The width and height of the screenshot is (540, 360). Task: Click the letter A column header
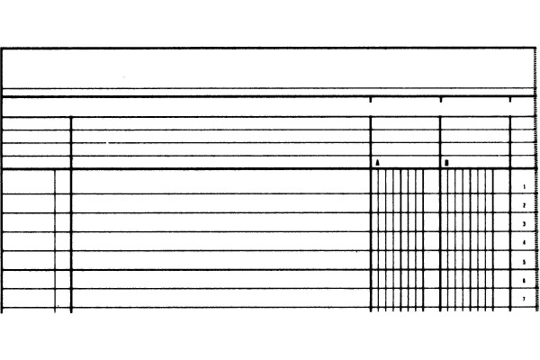click(377, 163)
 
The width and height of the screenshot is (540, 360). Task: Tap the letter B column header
click(446, 163)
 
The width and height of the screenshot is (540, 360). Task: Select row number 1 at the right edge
click(524, 186)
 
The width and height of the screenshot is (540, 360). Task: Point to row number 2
click(524, 205)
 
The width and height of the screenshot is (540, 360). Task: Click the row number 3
click(524, 224)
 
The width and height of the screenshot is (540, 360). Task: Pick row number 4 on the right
click(524, 243)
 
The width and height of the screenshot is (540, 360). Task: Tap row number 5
click(524, 262)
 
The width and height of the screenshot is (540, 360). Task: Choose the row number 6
click(524, 281)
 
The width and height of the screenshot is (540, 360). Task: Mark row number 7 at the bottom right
click(524, 299)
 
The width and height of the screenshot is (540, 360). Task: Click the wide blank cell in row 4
click(220, 241)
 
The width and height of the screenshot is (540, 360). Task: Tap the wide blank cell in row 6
click(220, 279)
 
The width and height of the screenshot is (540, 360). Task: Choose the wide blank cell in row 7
click(220, 299)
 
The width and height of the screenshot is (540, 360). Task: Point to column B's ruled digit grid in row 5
click(468, 260)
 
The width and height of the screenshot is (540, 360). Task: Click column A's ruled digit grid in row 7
click(398, 299)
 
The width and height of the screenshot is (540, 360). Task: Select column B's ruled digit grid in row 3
click(468, 222)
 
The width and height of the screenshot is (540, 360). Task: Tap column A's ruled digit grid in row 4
click(398, 241)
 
